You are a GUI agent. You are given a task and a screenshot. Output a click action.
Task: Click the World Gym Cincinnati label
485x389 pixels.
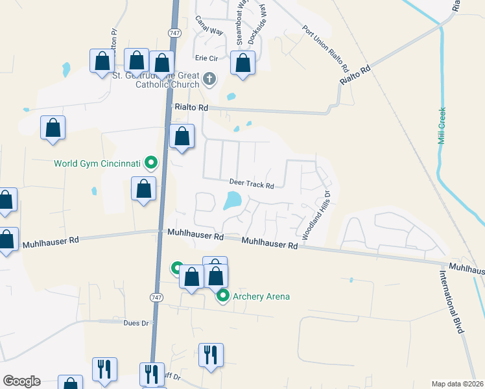coord(97,163)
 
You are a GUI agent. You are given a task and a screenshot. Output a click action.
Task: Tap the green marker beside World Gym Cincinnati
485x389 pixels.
coord(151,163)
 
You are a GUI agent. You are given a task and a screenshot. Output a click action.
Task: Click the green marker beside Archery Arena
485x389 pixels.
coord(223,296)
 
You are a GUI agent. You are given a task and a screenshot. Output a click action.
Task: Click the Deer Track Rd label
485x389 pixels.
coord(252,185)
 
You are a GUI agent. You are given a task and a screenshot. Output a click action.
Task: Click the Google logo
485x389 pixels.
coord(21,381)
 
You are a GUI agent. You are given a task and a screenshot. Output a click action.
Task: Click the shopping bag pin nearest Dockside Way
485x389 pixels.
coord(242,64)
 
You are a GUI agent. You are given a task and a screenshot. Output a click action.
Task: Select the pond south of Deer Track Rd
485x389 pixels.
coord(232,200)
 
